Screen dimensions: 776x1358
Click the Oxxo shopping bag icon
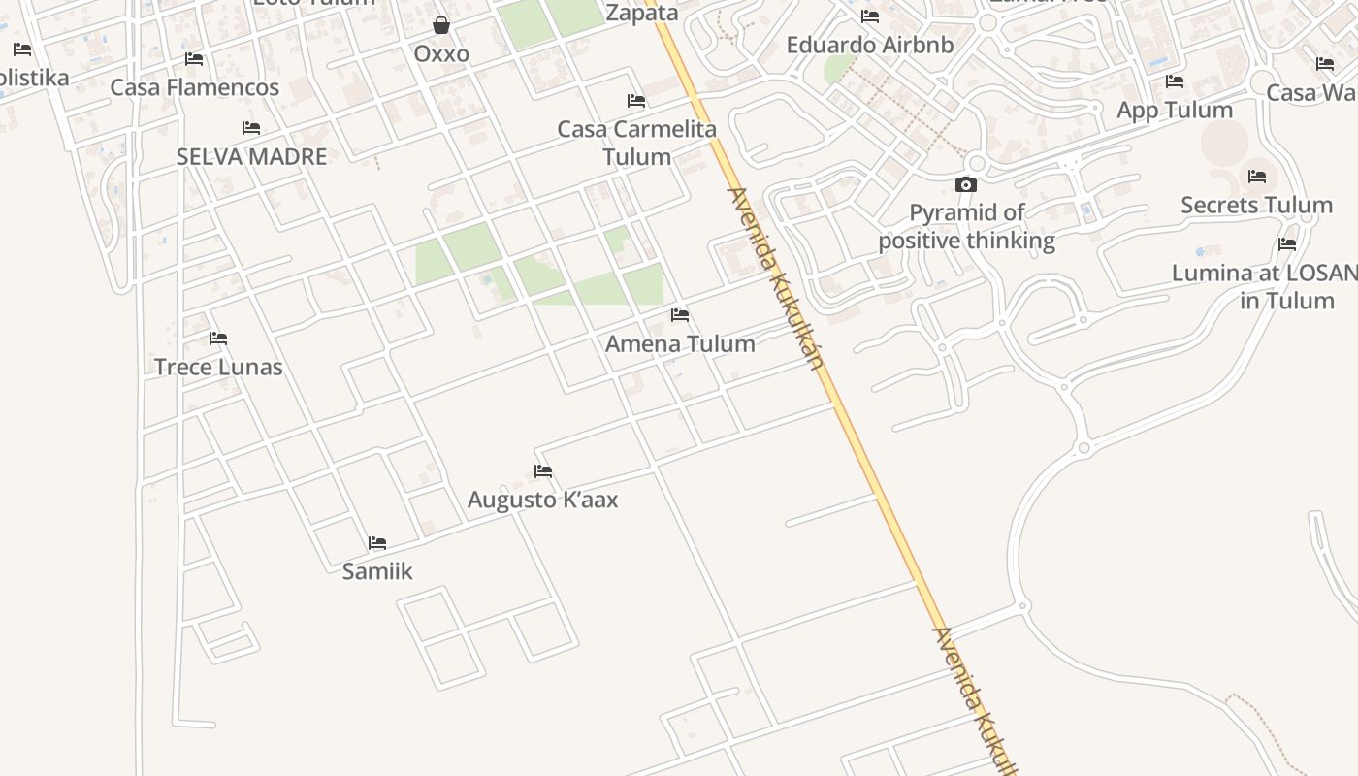[x=441, y=25]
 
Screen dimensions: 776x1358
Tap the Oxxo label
[x=441, y=54]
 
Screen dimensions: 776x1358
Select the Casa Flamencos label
[x=195, y=87]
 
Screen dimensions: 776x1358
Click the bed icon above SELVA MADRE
[x=251, y=128]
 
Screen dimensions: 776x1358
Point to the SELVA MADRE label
[x=251, y=156]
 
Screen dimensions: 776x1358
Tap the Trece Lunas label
[x=218, y=367]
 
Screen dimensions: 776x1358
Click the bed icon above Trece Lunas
[x=218, y=339]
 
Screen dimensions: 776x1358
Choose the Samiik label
[x=377, y=571]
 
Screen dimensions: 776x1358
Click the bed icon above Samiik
[x=377, y=543]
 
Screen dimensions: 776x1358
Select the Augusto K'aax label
[x=542, y=500]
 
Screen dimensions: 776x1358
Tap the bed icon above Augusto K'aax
[x=543, y=471]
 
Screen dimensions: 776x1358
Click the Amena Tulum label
[x=680, y=343]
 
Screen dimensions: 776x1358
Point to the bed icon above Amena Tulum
[x=680, y=315]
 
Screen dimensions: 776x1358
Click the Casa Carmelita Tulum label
[x=636, y=143]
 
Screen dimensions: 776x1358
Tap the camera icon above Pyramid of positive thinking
[x=966, y=184]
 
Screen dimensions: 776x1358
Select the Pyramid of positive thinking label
[x=966, y=226]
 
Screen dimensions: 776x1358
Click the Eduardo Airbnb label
[x=870, y=45]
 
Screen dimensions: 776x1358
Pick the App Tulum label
[x=1175, y=110]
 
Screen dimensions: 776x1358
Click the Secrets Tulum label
[x=1256, y=205]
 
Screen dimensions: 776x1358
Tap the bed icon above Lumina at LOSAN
[x=1287, y=244]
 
